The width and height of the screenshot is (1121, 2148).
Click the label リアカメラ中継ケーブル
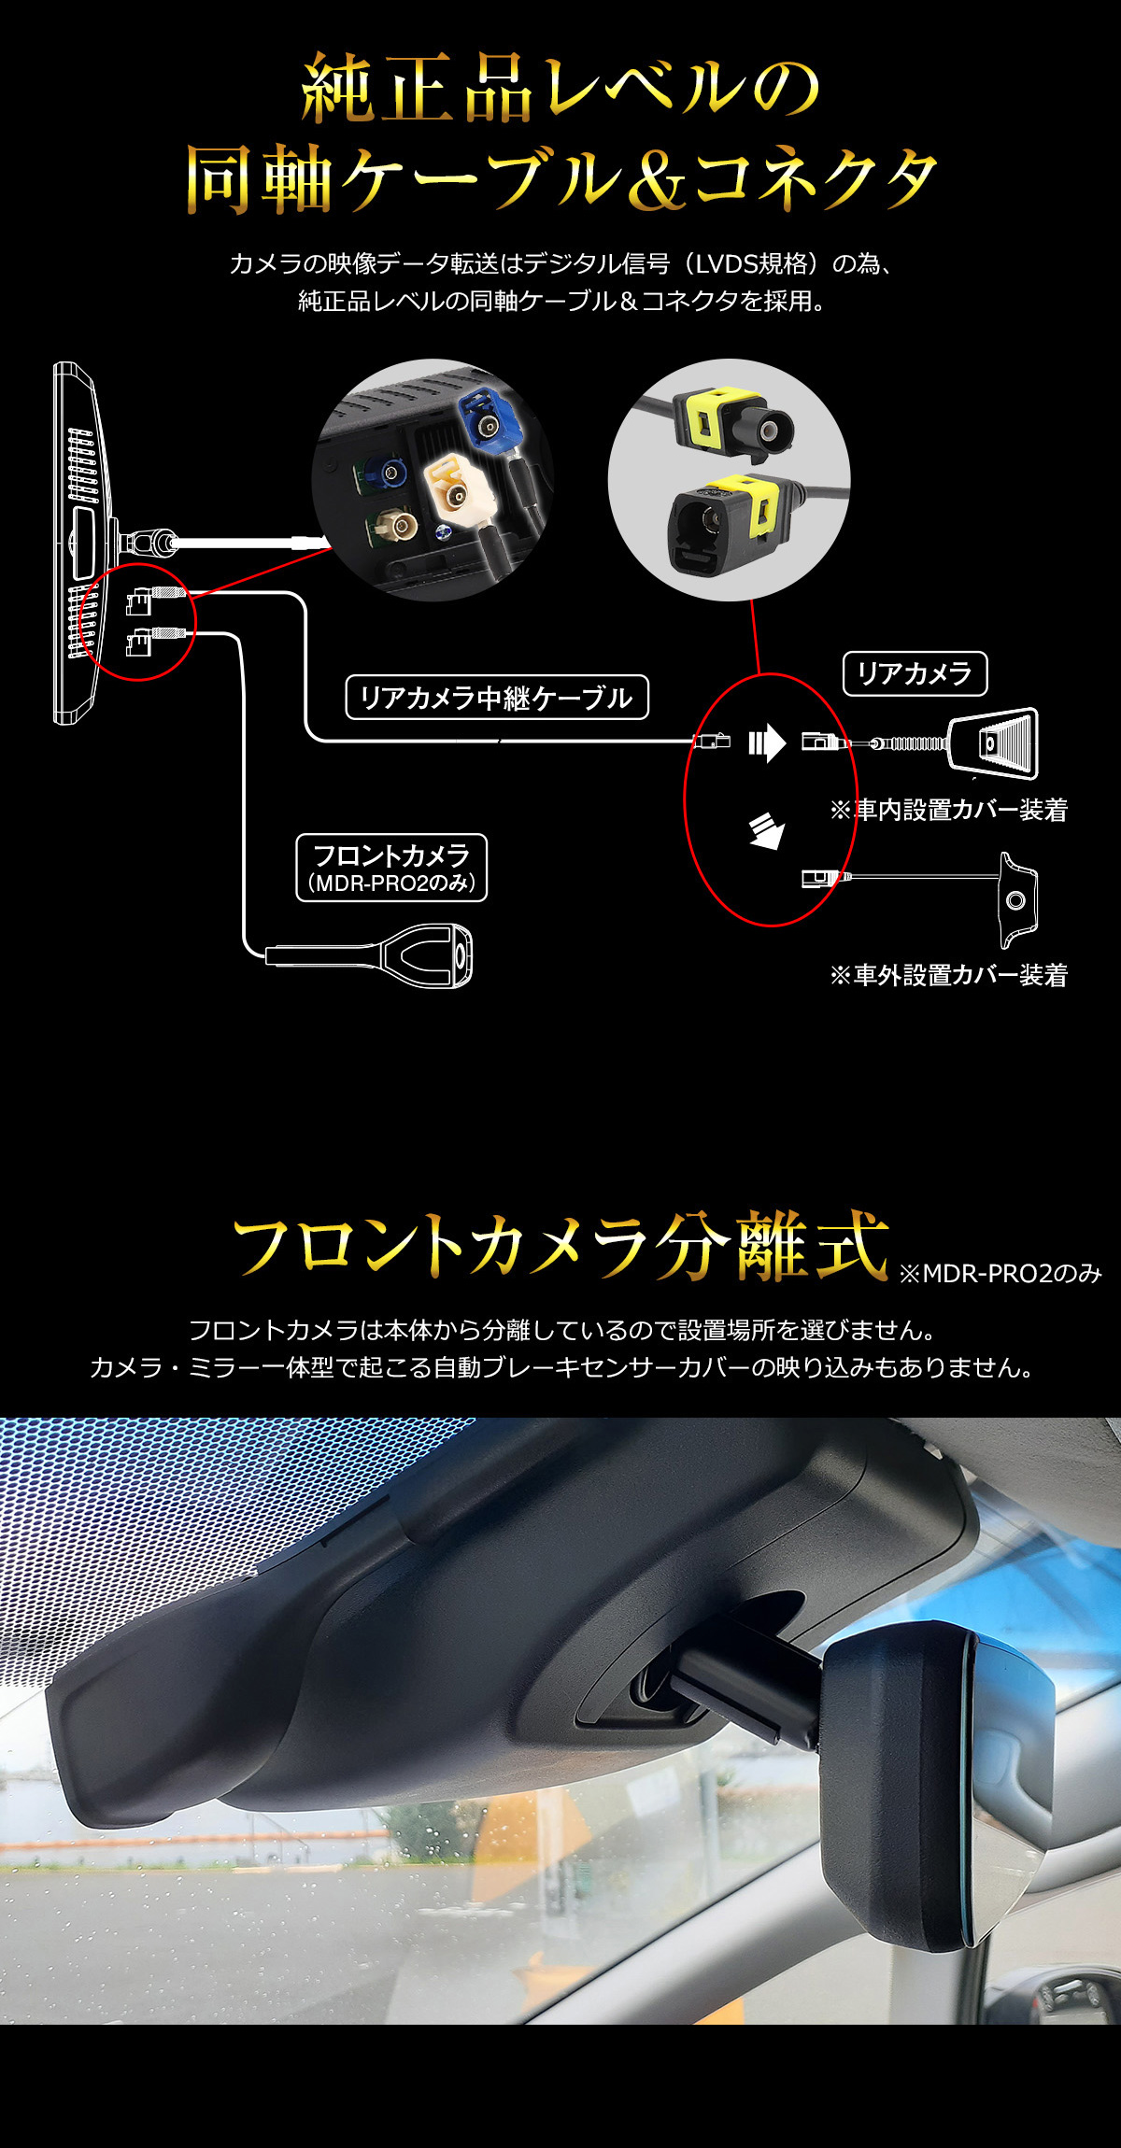tap(497, 698)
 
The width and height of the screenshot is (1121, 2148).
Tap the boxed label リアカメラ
tap(915, 673)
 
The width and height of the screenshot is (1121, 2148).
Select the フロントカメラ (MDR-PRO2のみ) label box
tap(391, 868)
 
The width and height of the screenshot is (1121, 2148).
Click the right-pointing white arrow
tap(767, 743)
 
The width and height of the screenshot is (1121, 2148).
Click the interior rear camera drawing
tap(993, 743)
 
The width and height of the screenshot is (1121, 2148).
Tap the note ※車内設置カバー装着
tap(948, 810)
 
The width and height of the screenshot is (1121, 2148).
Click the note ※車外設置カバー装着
tap(948, 975)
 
